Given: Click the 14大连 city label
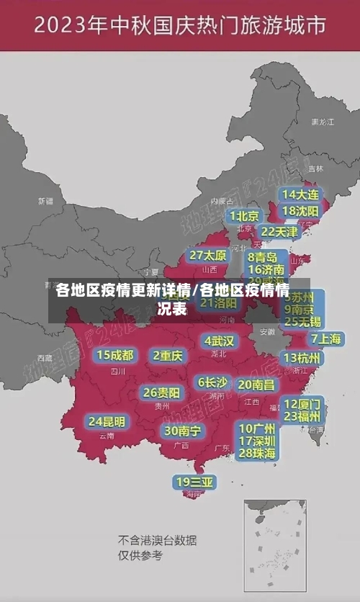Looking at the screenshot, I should [301, 194].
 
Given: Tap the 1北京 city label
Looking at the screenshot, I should [245, 215].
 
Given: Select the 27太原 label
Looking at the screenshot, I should [208, 255].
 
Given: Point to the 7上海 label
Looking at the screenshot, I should [326, 338].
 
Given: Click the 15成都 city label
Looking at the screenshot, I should [115, 355].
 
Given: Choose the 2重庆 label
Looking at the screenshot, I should [168, 355].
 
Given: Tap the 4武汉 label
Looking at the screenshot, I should [219, 340].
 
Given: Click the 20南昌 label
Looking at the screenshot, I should [256, 385].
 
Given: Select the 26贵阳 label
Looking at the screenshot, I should [161, 392].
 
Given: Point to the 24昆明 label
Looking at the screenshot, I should [107, 421].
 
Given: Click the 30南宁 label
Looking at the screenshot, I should [182, 430].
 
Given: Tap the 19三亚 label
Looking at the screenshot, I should [194, 481].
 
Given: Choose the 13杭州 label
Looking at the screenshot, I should [302, 358].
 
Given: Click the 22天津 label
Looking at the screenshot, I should [279, 232].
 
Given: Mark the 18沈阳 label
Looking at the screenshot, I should [301, 210].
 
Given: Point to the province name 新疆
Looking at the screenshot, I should [45, 201].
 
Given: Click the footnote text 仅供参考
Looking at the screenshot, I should [140, 555].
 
